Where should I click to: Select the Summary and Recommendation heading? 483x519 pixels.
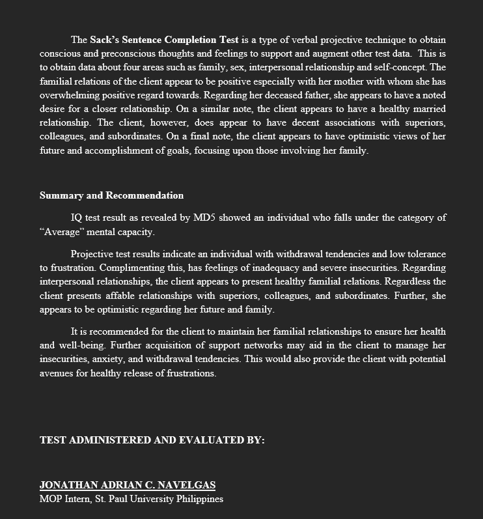tap(111, 195)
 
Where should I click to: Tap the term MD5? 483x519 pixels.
tap(204, 217)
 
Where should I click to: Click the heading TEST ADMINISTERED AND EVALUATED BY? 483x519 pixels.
tap(152, 440)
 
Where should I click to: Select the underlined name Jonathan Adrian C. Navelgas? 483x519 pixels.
tap(128, 484)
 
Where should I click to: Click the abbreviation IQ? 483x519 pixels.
tap(77, 217)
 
